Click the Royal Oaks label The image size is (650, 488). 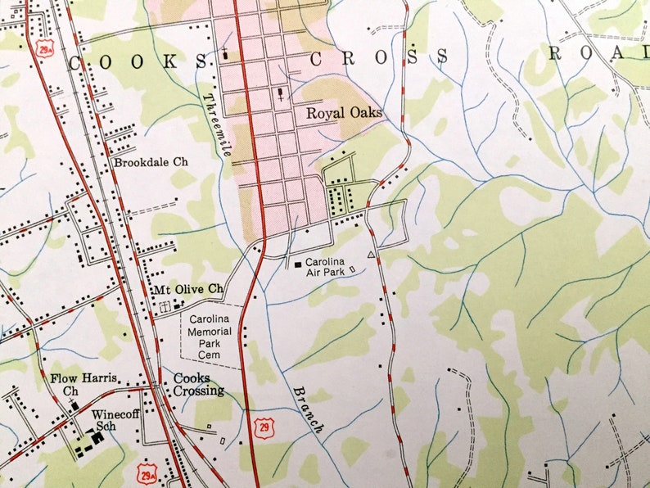click(x=344, y=113)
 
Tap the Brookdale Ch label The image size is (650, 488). click(x=151, y=162)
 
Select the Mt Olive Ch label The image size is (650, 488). click(x=188, y=289)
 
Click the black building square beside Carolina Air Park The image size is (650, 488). click(x=297, y=264)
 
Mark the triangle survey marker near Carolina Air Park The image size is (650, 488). click(x=371, y=256)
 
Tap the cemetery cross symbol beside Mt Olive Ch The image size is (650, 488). click(x=166, y=306)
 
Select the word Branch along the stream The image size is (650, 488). click(x=309, y=409)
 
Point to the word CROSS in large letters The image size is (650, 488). click(x=379, y=56)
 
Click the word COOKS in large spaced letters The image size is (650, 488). click(x=138, y=62)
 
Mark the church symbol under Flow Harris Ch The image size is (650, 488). click(x=74, y=404)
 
